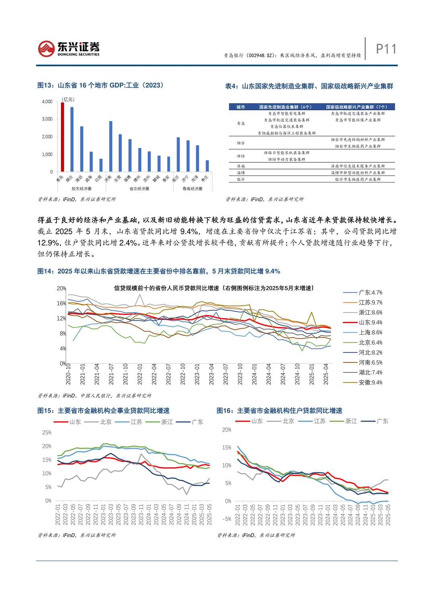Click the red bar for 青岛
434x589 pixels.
(x=62, y=137)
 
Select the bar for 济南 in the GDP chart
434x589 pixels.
(x=111, y=146)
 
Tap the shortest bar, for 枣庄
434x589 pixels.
(x=207, y=166)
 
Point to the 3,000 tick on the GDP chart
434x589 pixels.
(x=47, y=119)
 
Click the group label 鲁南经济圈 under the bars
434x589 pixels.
(x=192, y=188)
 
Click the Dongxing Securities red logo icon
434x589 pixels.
(x=46, y=49)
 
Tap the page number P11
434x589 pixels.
(x=386, y=49)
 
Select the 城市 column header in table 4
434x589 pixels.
(x=241, y=107)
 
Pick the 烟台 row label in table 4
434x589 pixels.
(x=241, y=143)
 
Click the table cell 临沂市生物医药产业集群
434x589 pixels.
(x=358, y=180)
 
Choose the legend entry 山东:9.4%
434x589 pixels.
(x=370, y=323)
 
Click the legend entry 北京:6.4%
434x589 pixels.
(x=370, y=343)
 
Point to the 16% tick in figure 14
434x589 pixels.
(x=61, y=303)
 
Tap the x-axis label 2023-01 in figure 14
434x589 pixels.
(x=197, y=374)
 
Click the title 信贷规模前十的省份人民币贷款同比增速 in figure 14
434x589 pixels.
(x=166, y=288)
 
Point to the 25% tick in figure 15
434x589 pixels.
(x=47, y=433)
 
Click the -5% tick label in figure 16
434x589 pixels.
(x=227, y=519)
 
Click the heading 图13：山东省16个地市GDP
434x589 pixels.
(x=100, y=85)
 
